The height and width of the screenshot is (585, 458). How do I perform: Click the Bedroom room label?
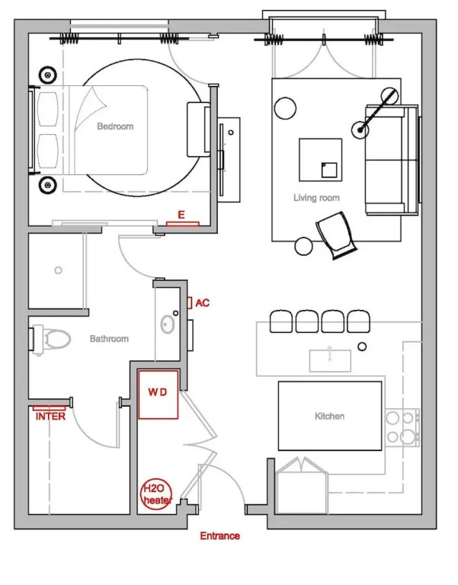click(115, 126)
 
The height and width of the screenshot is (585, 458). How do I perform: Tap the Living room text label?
click(316, 198)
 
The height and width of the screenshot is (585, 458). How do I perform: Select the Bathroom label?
click(109, 339)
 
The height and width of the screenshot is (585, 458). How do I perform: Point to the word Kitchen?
click(330, 416)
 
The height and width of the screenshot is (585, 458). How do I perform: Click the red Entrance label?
click(219, 535)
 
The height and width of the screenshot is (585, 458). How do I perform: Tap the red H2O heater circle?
click(157, 494)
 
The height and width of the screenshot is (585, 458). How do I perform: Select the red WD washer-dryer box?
click(159, 395)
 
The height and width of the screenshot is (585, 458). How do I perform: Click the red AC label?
click(202, 303)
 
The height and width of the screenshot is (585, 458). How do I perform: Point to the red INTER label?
click(50, 417)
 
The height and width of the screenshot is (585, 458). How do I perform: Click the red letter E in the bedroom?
click(181, 215)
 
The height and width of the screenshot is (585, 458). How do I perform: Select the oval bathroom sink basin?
click(168, 324)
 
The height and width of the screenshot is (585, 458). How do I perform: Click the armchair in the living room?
click(336, 235)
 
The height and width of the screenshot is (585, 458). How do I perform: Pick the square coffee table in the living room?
click(320, 160)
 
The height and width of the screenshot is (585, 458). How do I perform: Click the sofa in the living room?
click(392, 160)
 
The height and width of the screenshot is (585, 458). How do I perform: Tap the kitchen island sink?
click(330, 360)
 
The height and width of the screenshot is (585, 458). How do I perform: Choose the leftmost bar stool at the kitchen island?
click(281, 321)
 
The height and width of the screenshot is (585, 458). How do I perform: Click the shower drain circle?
click(58, 270)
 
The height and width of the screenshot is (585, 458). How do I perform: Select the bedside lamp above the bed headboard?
click(48, 75)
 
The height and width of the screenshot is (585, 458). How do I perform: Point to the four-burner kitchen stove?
click(402, 427)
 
